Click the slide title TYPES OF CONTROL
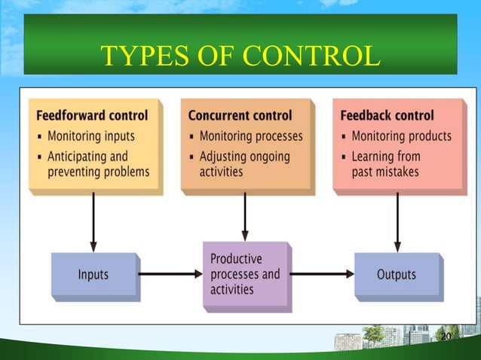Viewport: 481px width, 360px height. pyautogui.click(x=240, y=55)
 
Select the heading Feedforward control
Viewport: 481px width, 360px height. pyautogui.click(x=92, y=116)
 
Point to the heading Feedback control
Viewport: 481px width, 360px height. pyautogui.click(x=387, y=116)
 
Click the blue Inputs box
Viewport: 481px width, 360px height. pyautogui.click(x=93, y=274)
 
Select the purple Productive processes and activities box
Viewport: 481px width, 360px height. pyautogui.click(x=244, y=274)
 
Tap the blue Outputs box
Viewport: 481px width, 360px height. pyautogui.click(x=396, y=274)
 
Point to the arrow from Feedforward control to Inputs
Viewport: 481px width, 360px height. pyautogui.click(x=93, y=222)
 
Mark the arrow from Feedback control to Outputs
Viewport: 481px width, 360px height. pyautogui.click(x=397, y=222)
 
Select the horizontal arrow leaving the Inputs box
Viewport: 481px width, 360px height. pyautogui.click(x=170, y=274)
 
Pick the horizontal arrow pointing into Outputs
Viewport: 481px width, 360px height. pyautogui.click(x=322, y=274)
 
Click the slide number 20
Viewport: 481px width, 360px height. pyautogui.click(x=444, y=336)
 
